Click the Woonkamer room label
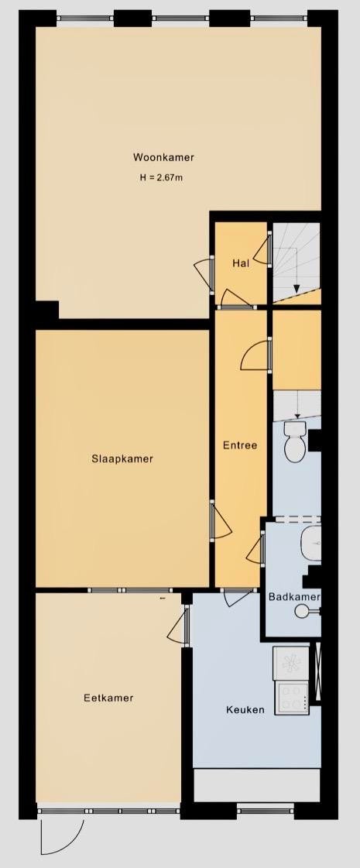point(163,157)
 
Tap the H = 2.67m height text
point(161,177)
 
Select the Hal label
point(240,263)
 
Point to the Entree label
point(240,444)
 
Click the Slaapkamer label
point(122,458)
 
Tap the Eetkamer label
point(108,698)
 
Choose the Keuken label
point(245,710)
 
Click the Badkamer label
point(294,597)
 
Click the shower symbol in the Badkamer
point(307,611)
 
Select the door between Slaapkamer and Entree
point(220,520)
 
